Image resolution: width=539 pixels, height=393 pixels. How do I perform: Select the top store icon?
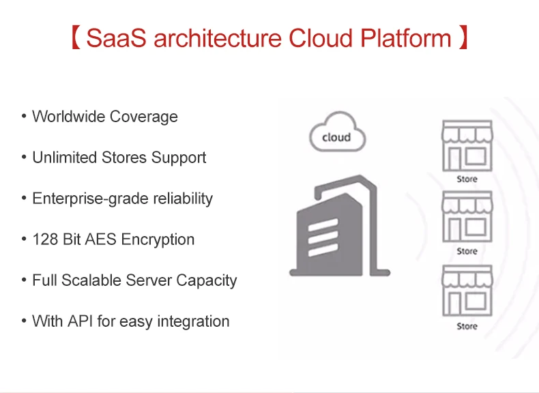(467, 147)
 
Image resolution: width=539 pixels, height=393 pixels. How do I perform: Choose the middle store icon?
(467, 218)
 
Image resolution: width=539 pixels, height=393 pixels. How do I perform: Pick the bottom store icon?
(467, 291)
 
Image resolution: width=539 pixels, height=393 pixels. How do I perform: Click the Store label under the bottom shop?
(467, 327)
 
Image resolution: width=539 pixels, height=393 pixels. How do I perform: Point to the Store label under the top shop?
(467, 179)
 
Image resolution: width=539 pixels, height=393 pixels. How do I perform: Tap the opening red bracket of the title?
(76, 38)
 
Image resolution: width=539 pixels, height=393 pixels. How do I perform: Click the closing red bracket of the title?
(463, 38)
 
